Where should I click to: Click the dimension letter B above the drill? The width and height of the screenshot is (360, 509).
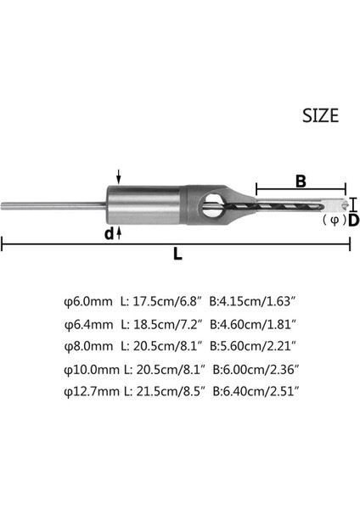coord(301,180)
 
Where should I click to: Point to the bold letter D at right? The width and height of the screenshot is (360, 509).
coord(353,221)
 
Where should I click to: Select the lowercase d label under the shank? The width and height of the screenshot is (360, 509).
coord(110,232)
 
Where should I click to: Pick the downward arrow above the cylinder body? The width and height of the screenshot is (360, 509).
coord(120,176)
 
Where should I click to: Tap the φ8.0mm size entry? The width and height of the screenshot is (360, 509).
coord(87,345)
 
